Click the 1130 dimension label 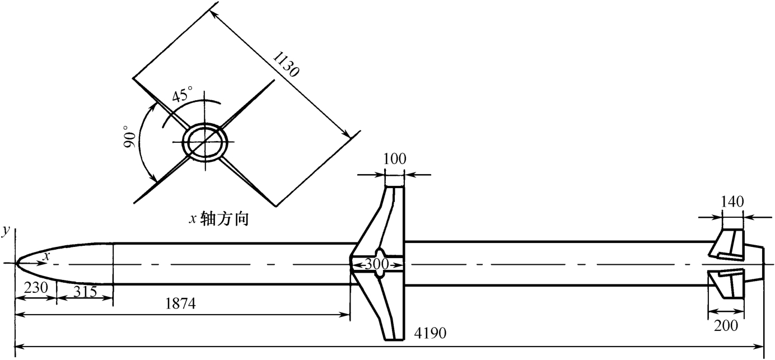[x=286, y=64]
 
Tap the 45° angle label [x=183, y=95]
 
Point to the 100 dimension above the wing [x=394, y=159]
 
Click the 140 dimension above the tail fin [x=732, y=201]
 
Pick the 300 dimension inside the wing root [x=377, y=264]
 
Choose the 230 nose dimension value [x=35, y=287]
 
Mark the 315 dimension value [x=85, y=292]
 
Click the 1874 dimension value [x=180, y=303]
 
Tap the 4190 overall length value [x=430, y=333]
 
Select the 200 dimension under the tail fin [x=726, y=325]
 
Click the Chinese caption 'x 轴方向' [x=218, y=219]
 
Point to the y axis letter [x=6, y=231]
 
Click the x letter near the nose [x=46, y=256]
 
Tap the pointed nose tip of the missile [x=15, y=264]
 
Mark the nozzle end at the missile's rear [x=754, y=264]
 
